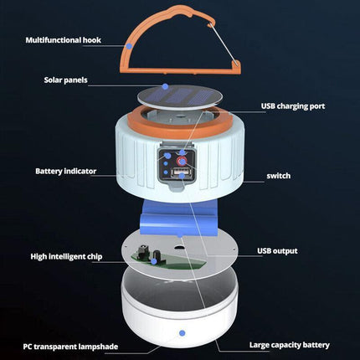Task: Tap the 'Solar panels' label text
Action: [66, 80]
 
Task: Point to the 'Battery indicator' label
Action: [66, 171]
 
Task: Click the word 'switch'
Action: [279, 176]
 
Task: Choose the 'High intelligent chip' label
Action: [66, 256]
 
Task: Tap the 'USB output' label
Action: [278, 250]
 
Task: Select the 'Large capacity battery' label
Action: [290, 344]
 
